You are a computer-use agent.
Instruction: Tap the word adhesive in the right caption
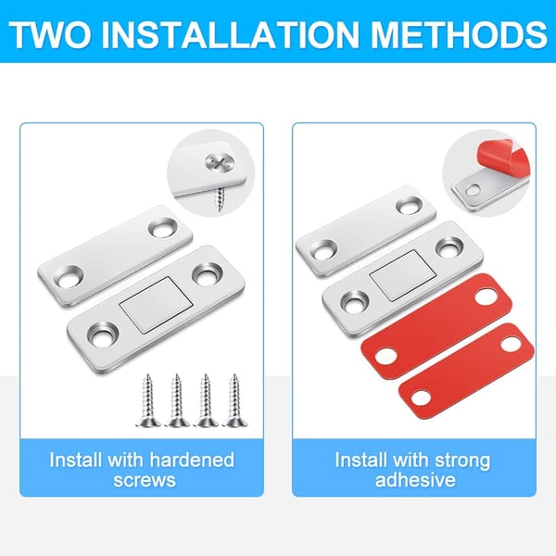415,480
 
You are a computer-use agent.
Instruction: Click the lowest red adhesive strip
464,369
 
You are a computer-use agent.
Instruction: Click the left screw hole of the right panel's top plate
324,246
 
